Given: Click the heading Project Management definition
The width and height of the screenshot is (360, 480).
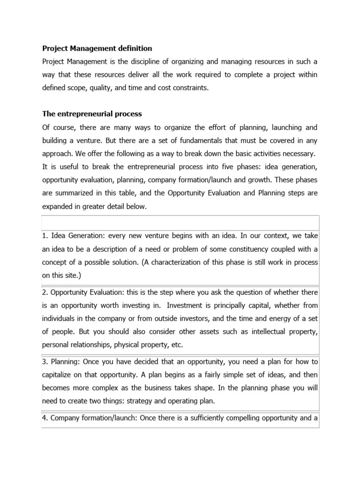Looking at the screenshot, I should pyautogui.click(x=97, y=48).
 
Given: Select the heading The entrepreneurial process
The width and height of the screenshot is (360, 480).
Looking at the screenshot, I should pyautogui.click(x=92, y=114).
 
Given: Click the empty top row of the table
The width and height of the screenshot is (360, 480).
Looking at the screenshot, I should pyautogui.click(x=180, y=222).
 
